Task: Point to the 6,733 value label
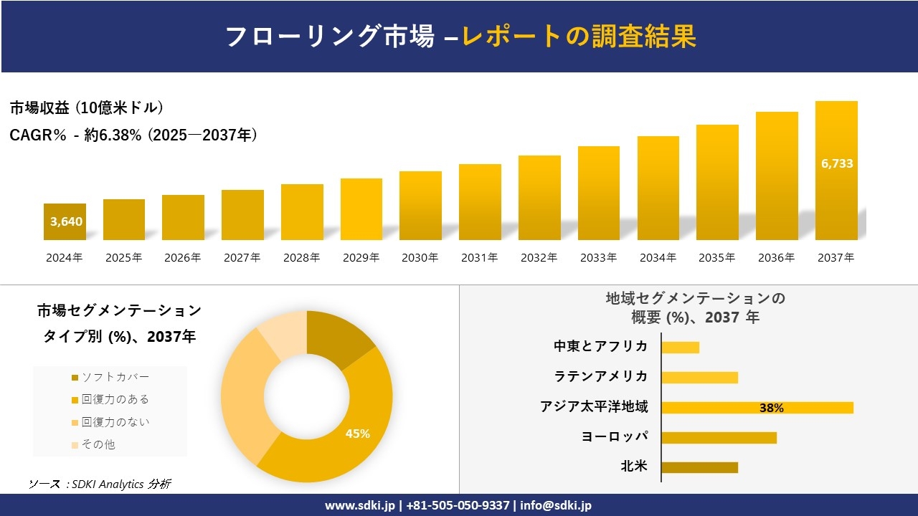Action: pos(836,163)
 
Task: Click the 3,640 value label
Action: pos(66,221)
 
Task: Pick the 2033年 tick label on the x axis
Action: pos(598,258)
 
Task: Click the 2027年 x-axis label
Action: pos(242,258)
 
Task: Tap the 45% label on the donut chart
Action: pos(357,434)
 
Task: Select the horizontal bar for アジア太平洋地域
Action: pos(757,408)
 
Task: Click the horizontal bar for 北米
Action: pos(699,467)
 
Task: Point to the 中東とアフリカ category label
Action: pos(600,346)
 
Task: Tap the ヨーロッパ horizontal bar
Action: pos(719,437)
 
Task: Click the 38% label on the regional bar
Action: pos(771,408)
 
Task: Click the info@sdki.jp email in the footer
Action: pos(557,505)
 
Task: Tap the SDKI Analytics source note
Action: pos(100,484)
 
